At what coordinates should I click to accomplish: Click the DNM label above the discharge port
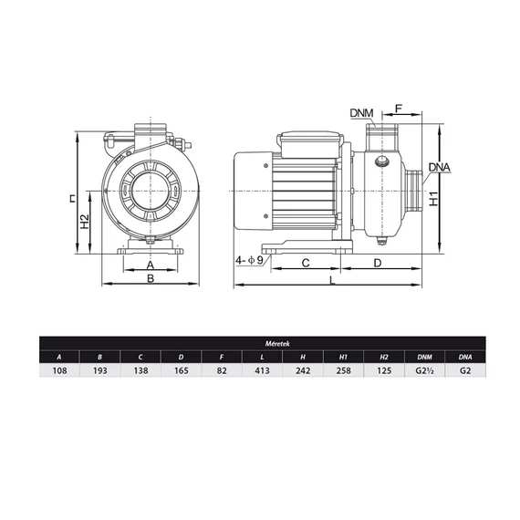pyautogui.click(x=361, y=113)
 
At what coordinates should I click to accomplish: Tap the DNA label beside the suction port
pyautogui.click(x=439, y=167)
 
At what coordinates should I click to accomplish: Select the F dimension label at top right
pyautogui.click(x=399, y=109)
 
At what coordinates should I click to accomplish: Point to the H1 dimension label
pyautogui.click(x=434, y=199)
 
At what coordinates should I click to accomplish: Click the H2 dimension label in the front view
pyautogui.click(x=85, y=222)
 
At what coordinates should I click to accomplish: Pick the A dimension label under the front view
pyautogui.click(x=151, y=265)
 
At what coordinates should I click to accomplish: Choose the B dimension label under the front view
pyautogui.click(x=151, y=278)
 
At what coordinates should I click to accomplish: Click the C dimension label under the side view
pyautogui.click(x=306, y=263)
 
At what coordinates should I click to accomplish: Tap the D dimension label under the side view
pyautogui.click(x=378, y=263)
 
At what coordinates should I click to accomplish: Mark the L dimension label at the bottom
pyautogui.click(x=332, y=281)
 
